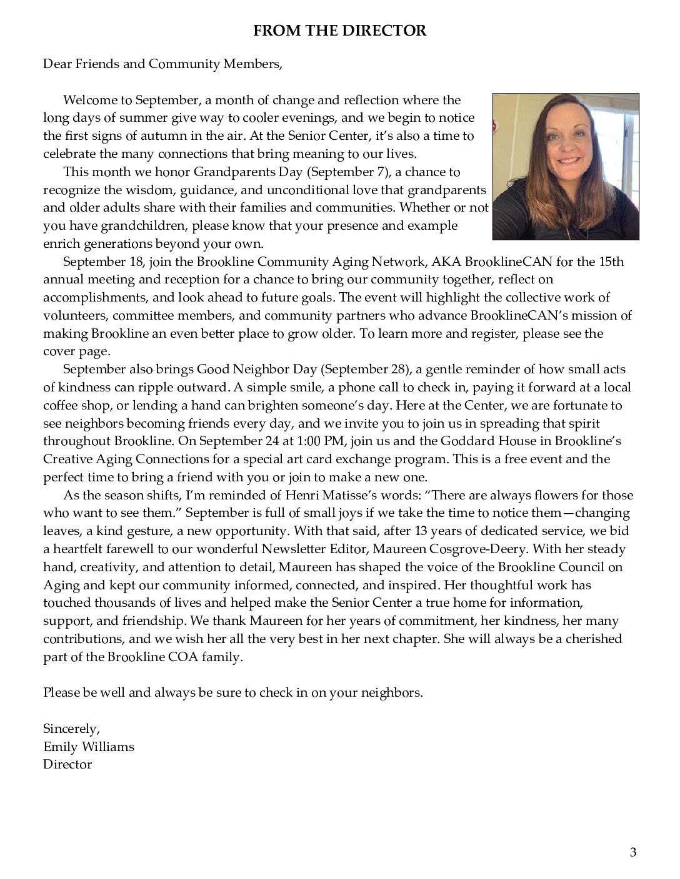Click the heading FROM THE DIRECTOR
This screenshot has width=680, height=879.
339,31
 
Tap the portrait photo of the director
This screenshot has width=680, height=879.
566,167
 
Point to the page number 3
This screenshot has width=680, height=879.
633,853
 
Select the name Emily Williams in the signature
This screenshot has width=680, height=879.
88,747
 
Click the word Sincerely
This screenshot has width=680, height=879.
71,729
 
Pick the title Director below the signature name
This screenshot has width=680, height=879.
67,764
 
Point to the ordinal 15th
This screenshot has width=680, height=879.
611,262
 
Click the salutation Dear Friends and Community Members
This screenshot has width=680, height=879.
162,64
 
